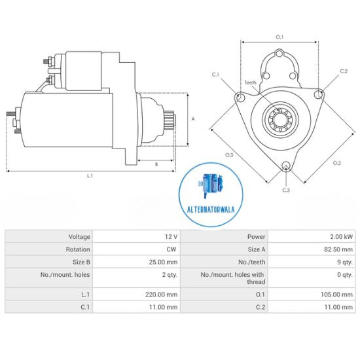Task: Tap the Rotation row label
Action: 79,249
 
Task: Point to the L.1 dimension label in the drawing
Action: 90,175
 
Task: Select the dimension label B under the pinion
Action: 156,164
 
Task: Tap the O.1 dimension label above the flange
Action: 279,37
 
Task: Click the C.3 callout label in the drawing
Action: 286,190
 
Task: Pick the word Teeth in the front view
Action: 251,82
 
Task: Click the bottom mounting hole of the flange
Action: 286,167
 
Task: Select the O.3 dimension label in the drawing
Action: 229,155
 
